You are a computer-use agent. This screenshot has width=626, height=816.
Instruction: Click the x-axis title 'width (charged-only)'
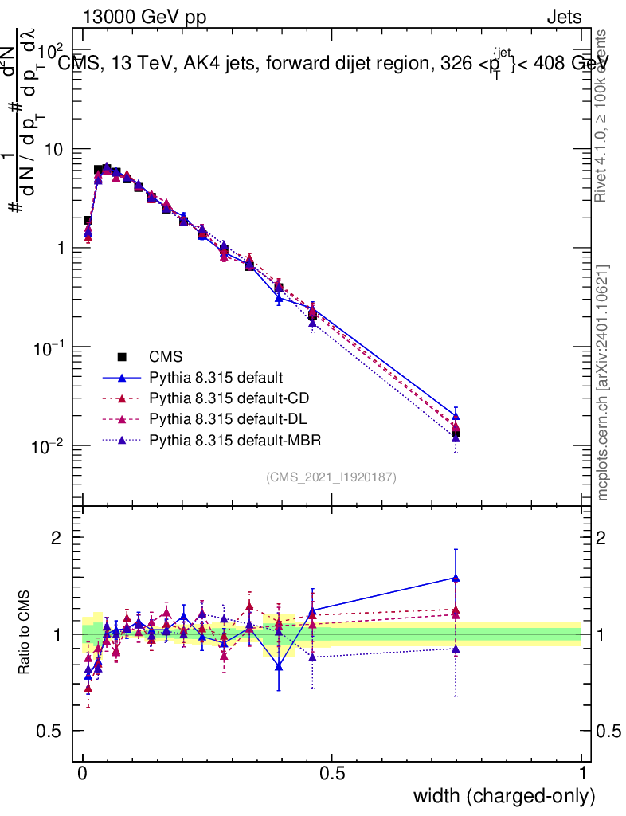pyautogui.click(x=504, y=795)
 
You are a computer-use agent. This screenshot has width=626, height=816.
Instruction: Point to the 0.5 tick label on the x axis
pyautogui.click(x=332, y=773)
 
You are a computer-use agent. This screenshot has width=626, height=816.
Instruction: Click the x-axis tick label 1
pyautogui.click(x=581, y=773)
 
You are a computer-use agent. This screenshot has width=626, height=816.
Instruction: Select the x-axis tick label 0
pyautogui.click(x=83, y=773)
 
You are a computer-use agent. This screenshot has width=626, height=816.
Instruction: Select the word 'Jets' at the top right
pyautogui.click(x=564, y=17)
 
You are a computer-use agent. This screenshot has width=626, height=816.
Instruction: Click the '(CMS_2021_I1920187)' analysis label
pyautogui.click(x=331, y=477)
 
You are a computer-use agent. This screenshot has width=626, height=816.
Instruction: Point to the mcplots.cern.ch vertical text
pyautogui.click(x=603, y=382)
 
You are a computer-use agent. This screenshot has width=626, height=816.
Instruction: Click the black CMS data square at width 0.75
pyautogui.click(x=456, y=434)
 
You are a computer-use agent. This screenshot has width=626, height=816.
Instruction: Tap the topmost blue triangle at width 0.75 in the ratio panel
pyautogui.click(x=456, y=578)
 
